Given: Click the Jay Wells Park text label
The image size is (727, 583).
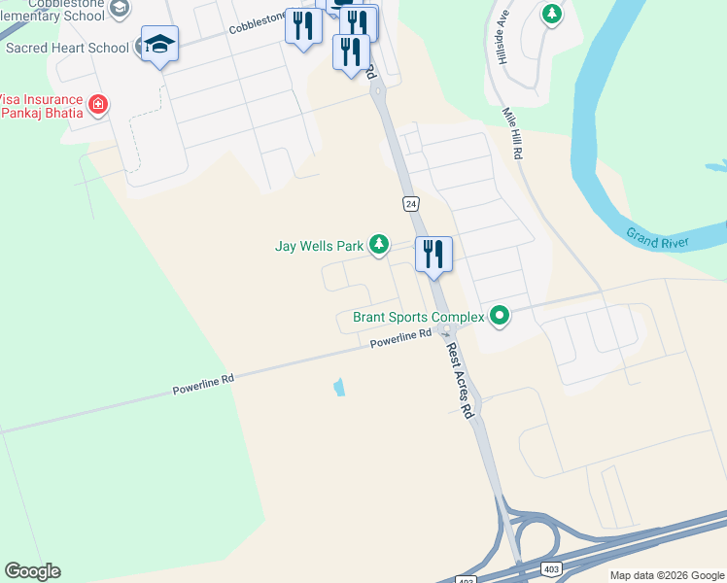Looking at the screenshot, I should (319, 246).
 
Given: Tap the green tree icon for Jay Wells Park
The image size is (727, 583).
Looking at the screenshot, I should (379, 245).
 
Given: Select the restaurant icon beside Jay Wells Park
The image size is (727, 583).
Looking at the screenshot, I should (433, 255).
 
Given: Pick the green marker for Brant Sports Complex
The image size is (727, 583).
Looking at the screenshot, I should (500, 315).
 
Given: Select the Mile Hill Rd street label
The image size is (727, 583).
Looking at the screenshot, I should (512, 134).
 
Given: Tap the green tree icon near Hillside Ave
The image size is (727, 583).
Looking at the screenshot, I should (552, 15).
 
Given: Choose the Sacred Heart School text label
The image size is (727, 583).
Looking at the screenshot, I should (67, 48).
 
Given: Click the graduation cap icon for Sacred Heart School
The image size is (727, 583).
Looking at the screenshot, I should (159, 45).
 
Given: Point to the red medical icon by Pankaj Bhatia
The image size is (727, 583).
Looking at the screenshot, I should (97, 104).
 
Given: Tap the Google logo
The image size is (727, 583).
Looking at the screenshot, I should (32, 571).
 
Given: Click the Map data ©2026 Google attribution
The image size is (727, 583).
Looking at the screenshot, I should (666, 575).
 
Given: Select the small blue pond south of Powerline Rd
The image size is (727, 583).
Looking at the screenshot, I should (338, 387).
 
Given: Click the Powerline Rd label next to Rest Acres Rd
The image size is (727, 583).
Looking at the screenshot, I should (400, 338).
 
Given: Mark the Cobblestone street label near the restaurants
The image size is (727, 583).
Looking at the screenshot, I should (258, 23).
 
